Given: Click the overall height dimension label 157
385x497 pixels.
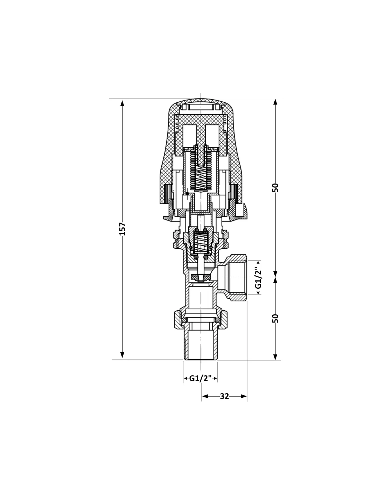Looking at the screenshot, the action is point(123,229).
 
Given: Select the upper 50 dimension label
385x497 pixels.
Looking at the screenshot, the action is point(275,188).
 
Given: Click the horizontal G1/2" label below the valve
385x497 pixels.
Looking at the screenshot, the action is point(200,378).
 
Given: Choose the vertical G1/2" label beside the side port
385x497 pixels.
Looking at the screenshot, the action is point(258,278).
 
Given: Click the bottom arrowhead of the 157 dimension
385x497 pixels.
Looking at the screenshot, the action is point(122,355).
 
